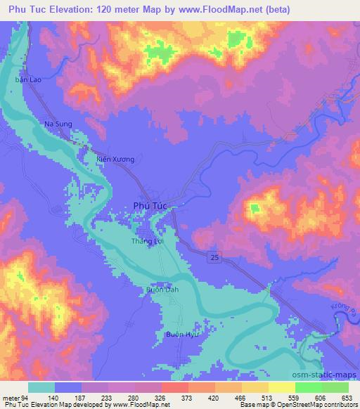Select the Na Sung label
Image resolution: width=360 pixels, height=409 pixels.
(x=58, y=124)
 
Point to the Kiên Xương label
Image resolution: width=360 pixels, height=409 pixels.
(x=115, y=160)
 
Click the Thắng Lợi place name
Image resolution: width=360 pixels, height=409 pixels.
(x=146, y=241)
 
